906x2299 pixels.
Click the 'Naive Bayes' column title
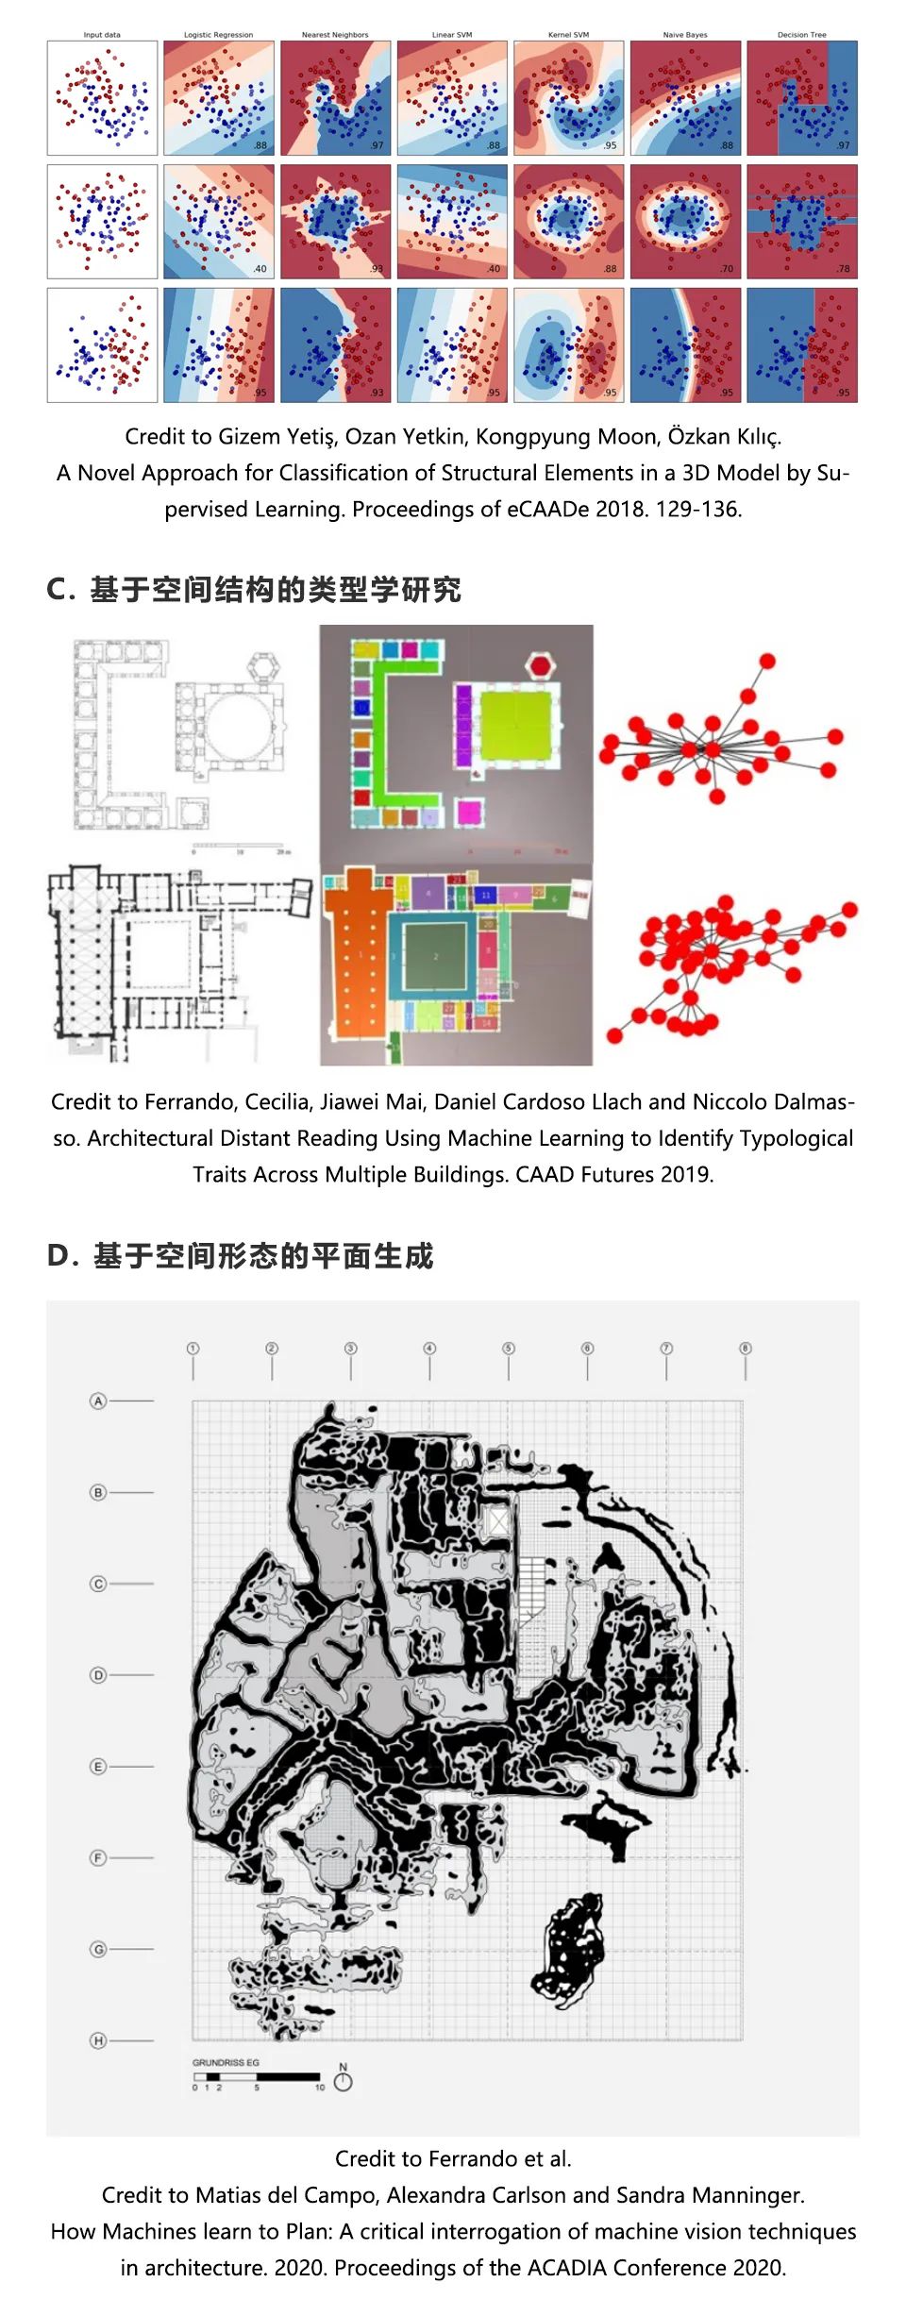click(684, 35)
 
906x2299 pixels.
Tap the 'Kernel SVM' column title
click(568, 35)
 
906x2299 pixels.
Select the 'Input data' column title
click(102, 35)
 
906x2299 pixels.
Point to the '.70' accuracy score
click(726, 269)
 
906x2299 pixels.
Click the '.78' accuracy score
click(843, 269)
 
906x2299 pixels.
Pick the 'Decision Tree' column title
click(801, 35)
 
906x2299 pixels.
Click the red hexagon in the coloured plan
click(540, 666)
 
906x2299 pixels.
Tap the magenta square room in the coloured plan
click(469, 811)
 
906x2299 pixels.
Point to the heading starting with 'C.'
click(253, 590)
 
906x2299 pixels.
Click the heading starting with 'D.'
click(240, 1256)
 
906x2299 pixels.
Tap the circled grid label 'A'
click(98, 1401)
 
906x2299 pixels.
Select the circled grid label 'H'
click(98, 2040)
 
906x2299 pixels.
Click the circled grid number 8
click(745, 1349)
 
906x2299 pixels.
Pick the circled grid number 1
click(193, 1349)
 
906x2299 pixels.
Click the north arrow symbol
click(344, 2079)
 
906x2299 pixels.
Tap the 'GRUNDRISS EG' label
click(226, 2062)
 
